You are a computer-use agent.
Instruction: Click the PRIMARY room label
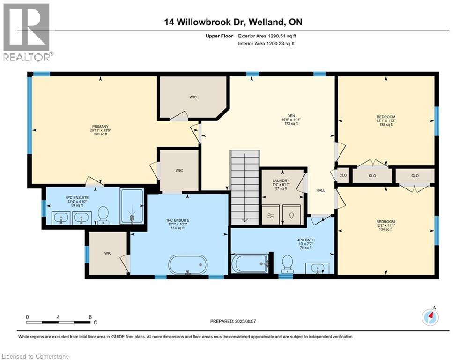(100, 126)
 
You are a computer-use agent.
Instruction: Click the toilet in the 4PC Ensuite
(103, 216)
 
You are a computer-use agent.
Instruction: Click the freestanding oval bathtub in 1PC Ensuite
(188, 265)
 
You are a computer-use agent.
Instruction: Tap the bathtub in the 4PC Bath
(250, 263)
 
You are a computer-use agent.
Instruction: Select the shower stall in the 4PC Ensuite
(132, 206)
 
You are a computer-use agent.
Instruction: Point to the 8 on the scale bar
(90, 317)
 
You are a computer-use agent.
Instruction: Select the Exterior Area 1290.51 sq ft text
(267, 36)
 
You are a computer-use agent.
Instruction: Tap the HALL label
(320, 190)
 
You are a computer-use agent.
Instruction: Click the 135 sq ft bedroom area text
(386, 125)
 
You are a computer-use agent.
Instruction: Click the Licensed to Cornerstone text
(35, 356)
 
